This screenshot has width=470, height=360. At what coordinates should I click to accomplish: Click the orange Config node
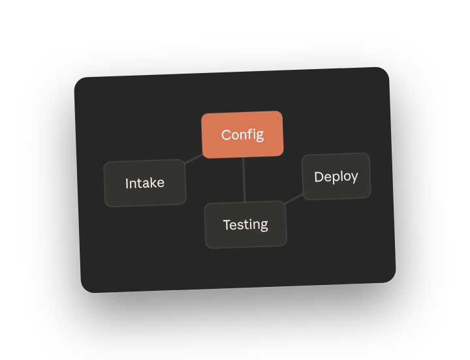[242, 134]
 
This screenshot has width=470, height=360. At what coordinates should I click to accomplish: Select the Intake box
[145, 183]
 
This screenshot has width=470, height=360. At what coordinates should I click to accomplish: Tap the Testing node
[245, 224]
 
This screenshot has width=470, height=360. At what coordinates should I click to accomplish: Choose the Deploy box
[336, 176]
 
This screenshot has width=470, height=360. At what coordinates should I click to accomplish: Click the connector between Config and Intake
[194, 159]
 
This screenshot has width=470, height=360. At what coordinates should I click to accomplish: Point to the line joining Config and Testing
[244, 180]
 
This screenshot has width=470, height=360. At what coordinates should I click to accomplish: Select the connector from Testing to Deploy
[294, 199]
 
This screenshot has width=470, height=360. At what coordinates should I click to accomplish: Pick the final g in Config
[260, 136]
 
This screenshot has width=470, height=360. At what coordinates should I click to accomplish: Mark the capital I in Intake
[127, 184]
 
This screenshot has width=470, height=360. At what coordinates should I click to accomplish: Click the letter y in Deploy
[354, 177]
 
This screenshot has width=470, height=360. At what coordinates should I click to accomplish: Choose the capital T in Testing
[228, 225]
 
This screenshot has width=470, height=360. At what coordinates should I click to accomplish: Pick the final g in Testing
[264, 226]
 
